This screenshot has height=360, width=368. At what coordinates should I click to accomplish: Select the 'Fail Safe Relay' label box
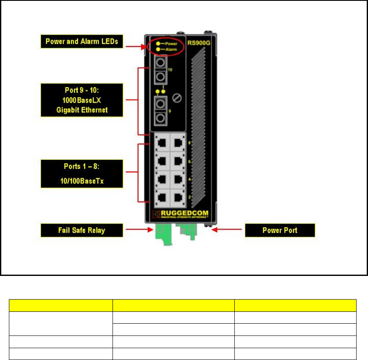81,230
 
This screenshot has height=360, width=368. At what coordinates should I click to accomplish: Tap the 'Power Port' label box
280,230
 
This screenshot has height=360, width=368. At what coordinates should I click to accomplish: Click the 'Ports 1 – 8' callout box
81,173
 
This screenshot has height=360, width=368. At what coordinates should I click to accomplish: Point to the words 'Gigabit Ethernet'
81,110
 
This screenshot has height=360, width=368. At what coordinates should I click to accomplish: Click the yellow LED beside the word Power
157,44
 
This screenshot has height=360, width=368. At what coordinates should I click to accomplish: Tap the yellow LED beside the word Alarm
157,49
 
